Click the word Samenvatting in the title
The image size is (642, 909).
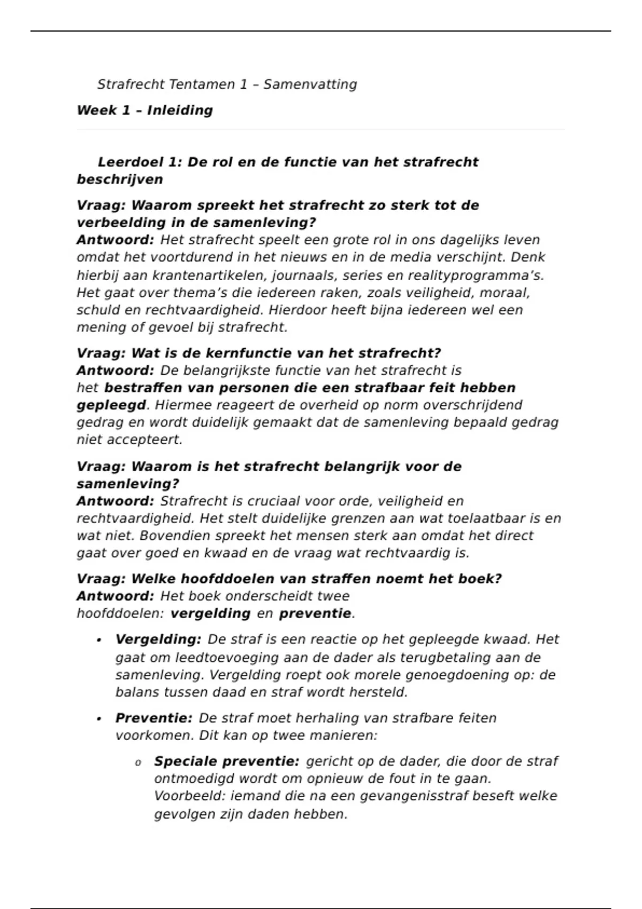310,84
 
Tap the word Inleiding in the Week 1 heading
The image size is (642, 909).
180,111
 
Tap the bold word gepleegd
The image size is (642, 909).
111,405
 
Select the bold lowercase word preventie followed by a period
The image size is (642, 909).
315,614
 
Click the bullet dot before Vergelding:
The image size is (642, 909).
100,641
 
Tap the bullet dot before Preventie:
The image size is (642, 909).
100,719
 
